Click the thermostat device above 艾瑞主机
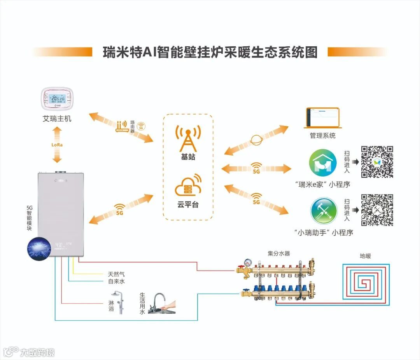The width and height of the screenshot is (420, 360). point(57,100)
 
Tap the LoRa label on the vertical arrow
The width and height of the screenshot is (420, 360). point(57,145)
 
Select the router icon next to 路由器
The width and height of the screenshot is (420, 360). point(122,127)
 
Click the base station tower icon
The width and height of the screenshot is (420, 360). point(188,138)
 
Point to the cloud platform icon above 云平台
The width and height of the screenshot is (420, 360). point(188,186)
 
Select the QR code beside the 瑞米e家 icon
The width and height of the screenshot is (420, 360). point(377,162)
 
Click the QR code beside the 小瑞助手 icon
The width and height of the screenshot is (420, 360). point(377,210)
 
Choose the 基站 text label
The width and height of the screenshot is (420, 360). point(188,157)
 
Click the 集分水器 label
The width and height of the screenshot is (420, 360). point(279,253)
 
